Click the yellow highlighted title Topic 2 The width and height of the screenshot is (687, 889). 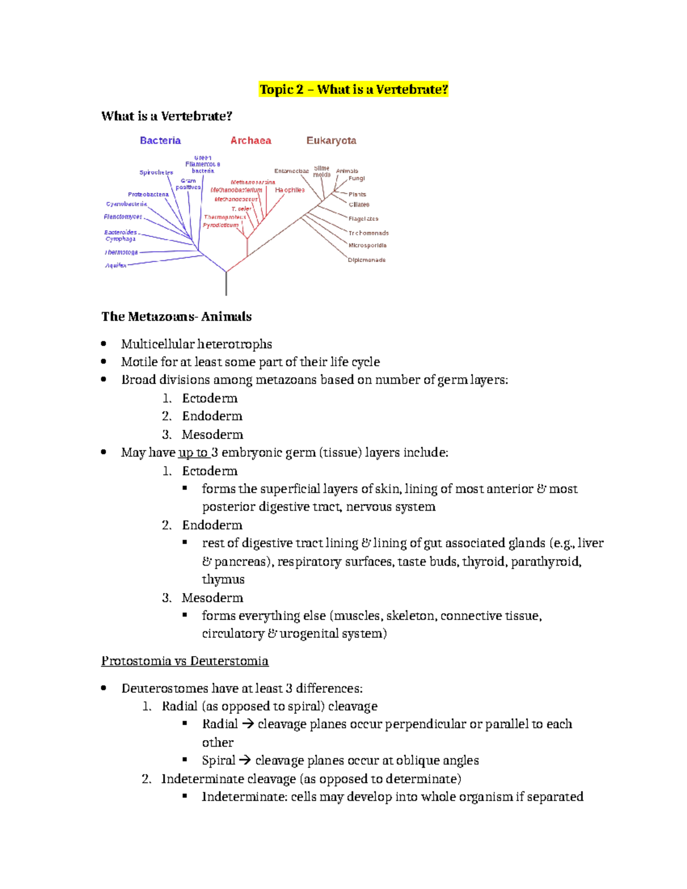point(353,89)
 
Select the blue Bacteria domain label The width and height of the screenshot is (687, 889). point(160,141)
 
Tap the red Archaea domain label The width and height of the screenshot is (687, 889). point(251,141)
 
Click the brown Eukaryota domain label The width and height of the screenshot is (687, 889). point(331,141)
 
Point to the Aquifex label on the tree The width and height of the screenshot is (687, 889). point(116,266)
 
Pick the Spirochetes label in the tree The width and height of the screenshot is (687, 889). point(156,172)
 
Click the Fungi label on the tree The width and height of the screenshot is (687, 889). point(357,179)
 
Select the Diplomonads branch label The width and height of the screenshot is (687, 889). point(366,260)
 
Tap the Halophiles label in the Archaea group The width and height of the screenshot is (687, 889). point(290,190)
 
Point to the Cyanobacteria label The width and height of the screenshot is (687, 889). point(126,204)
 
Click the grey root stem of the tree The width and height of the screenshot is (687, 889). point(226,284)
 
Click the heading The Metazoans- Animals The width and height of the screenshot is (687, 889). point(176,317)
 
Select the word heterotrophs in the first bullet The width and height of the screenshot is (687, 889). point(235,344)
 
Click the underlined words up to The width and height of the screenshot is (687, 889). point(194,453)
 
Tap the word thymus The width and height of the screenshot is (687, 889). point(223,579)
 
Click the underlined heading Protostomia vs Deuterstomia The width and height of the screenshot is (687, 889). point(184,661)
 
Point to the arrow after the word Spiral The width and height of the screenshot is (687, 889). point(244,761)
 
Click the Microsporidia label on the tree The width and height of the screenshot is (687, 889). point(367,246)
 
